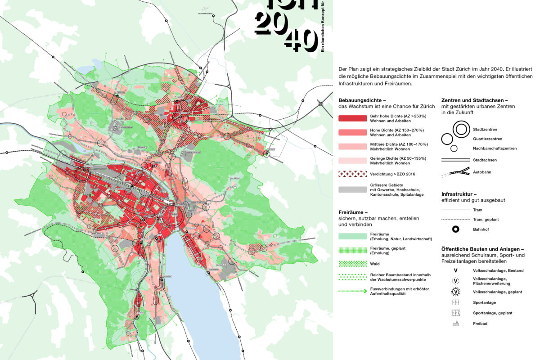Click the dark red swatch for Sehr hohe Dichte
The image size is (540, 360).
[353, 118]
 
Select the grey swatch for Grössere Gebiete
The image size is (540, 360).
[353, 189]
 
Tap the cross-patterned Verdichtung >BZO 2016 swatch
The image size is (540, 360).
[353, 173]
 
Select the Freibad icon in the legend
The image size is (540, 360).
[455, 323]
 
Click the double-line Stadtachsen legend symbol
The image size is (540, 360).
[455, 160]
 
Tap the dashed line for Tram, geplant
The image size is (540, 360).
[455, 219]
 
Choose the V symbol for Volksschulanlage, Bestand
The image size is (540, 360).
[455, 270]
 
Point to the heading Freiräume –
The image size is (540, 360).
[353, 211]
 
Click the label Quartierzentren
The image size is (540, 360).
[488, 139]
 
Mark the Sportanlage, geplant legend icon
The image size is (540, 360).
[455, 313]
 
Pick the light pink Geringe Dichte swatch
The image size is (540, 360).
[353, 160]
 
